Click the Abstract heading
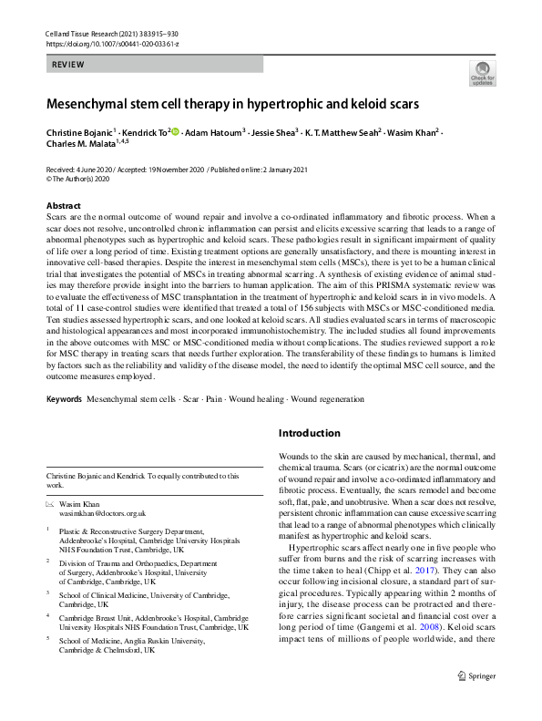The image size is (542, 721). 63,207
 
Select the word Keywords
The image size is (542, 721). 66,400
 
